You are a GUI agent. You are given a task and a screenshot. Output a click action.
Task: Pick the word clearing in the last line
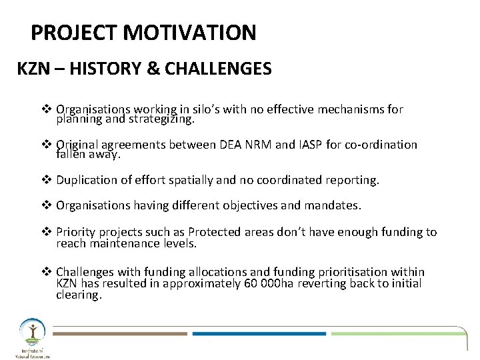click(x=79, y=294)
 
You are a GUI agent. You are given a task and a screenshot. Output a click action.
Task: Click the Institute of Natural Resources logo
click(x=31, y=337)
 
